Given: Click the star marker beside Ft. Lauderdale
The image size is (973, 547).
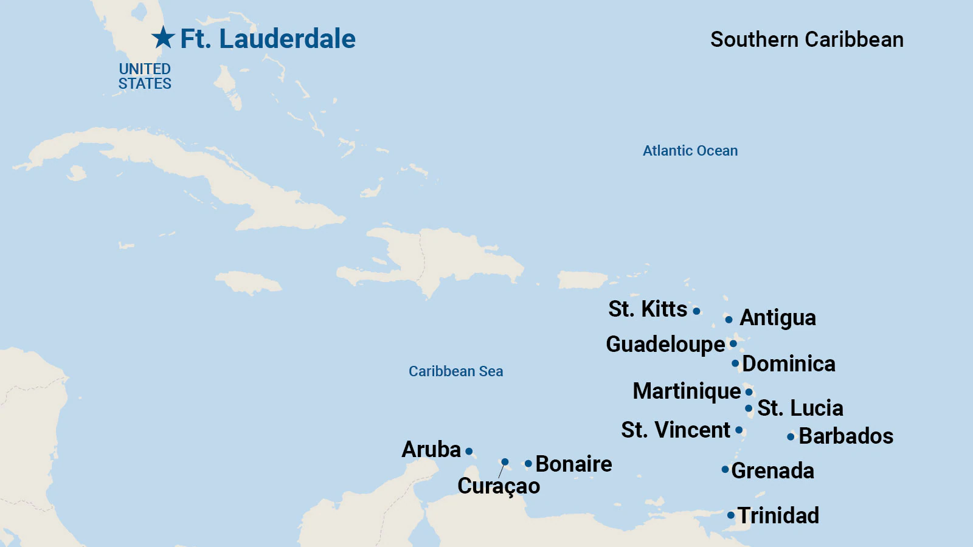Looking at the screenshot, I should point(163,38).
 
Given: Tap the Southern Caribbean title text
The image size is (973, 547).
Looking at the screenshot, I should point(806,40).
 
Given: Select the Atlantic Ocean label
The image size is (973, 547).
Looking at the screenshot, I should point(690,151).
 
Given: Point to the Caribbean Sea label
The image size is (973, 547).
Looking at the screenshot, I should point(455,371).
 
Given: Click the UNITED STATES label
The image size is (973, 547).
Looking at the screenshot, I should point(145,77).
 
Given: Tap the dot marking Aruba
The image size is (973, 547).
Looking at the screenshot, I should point(469,451).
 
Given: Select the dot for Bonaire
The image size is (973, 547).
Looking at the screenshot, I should point(528,464).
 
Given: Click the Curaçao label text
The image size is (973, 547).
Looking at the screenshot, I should point(499,486).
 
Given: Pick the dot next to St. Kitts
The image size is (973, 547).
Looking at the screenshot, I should point(696,311).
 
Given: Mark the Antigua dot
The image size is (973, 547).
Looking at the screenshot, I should point(729,319).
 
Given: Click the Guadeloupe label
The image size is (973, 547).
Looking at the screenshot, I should point(665,344).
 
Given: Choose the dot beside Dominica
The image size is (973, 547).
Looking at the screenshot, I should point(735,363).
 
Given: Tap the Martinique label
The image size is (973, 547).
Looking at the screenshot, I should point(687,391).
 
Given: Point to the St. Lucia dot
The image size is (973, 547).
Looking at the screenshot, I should point(749,408).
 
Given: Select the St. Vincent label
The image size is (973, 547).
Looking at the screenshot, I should point(676,430).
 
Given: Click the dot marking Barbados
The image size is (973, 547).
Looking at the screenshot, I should point(791,436).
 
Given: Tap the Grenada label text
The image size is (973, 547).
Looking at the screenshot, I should point(772,470).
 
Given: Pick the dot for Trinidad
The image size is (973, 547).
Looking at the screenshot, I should point(731,515).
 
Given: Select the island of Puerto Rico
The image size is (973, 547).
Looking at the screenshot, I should point(581,280).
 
